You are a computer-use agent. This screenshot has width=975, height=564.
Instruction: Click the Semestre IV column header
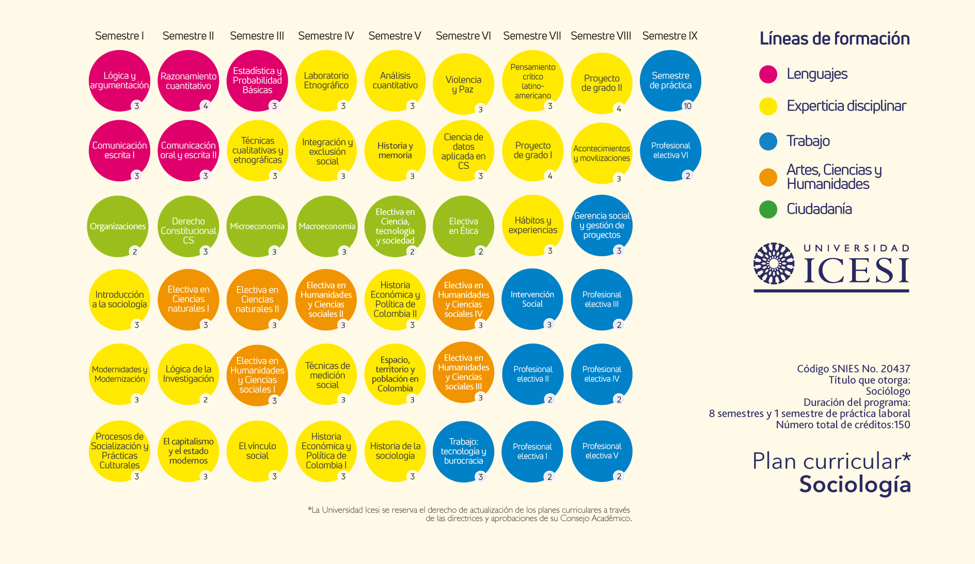[x=326, y=36]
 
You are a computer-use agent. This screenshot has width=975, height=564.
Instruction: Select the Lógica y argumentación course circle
[x=119, y=81]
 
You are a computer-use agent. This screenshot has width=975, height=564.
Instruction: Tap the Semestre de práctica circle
[x=670, y=81]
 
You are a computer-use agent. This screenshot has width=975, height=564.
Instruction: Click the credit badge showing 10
[x=687, y=106]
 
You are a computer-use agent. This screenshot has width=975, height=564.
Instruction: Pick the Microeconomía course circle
[x=257, y=226]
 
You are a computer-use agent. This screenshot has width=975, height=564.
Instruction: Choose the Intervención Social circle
[x=532, y=299]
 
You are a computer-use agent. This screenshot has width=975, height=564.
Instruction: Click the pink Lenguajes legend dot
[x=768, y=74]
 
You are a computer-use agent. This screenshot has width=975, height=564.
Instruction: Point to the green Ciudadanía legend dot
[x=768, y=209]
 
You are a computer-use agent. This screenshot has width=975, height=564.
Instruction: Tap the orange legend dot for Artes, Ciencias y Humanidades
[x=768, y=177]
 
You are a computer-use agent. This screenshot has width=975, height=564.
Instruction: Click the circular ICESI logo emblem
[x=774, y=263]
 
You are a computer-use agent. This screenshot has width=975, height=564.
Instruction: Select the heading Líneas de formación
[x=834, y=39]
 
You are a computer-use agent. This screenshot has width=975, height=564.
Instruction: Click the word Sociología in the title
[x=855, y=484]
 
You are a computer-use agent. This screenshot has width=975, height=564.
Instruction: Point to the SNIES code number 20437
[x=895, y=369]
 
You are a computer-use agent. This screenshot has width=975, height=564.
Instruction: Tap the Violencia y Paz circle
[x=463, y=84]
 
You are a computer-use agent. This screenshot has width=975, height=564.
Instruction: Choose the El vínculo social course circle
[x=257, y=451]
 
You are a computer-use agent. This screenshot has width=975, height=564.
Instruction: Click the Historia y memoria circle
[x=395, y=151]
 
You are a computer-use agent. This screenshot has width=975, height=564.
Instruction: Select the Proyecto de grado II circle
[x=602, y=83]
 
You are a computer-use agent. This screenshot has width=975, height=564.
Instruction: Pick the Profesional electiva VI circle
[x=670, y=151]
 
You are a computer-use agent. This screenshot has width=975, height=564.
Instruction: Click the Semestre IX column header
[x=670, y=36]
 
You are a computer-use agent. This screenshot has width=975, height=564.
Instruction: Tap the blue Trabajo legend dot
[x=768, y=141]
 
